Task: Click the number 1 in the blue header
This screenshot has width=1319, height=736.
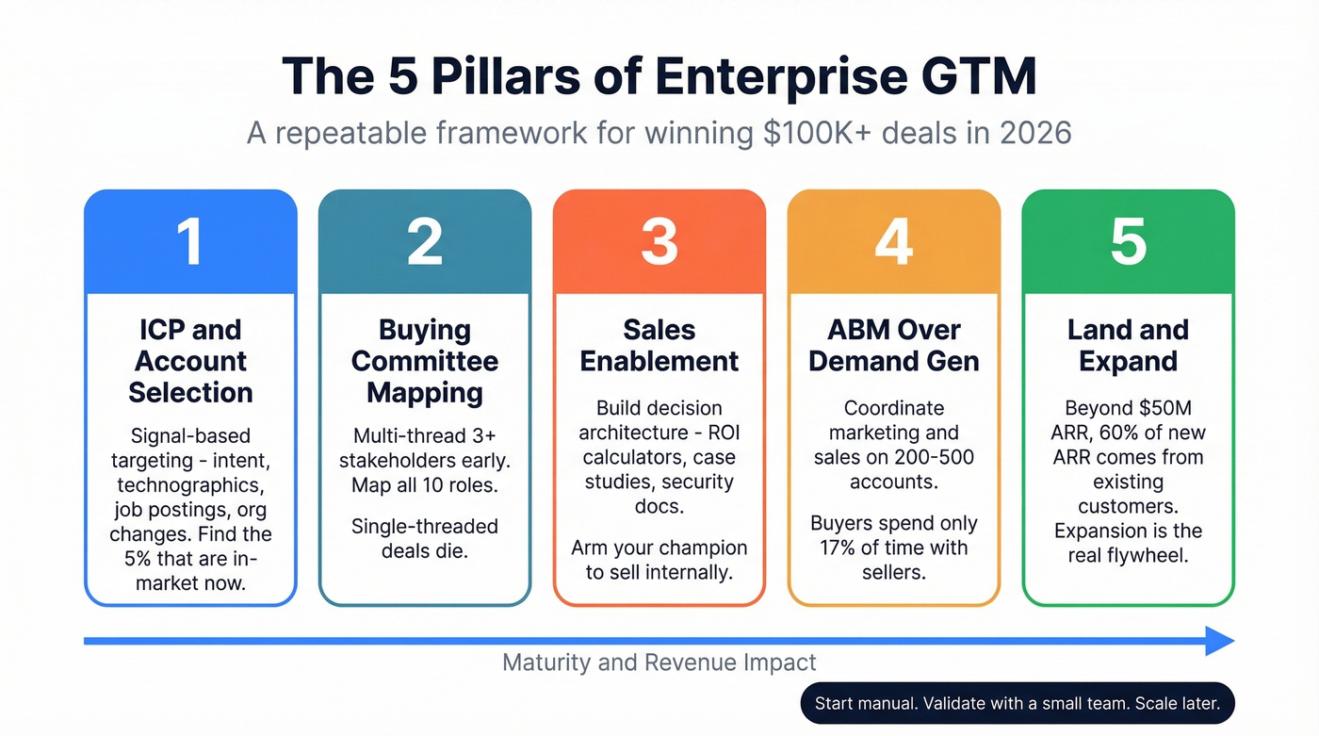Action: pyautogui.click(x=190, y=241)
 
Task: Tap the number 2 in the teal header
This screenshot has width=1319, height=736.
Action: pyautogui.click(x=425, y=241)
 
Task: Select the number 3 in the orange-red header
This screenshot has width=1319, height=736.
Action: pyautogui.click(x=659, y=241)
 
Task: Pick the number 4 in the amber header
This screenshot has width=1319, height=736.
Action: pyautogui.click(x=893, y=241)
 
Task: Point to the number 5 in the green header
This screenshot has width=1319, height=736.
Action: pyautogui.click(x=1128, y=241)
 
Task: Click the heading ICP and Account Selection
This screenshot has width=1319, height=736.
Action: pyautogui.click(x=190, y=361)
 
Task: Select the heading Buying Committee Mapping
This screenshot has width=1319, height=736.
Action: pyautogui.click(x=425, y=361)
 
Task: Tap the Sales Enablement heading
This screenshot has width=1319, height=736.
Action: pyautogui.click(x=659, y=345)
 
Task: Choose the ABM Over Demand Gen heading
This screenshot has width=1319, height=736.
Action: pyautogui.click(x=893, y=345)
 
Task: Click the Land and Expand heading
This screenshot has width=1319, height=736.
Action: pyautogui.click(x=1128, y=345)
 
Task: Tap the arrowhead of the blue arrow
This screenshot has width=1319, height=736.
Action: pyautogui.click(x=1220, y=641)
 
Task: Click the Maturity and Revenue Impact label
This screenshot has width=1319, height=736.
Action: pyautogui.click(x=659, y=662)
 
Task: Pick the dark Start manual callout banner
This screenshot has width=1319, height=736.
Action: pyautogui.click(x=1017, y=703)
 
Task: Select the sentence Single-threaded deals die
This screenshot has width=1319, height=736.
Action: pyautogui.click(x=425, y=538)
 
